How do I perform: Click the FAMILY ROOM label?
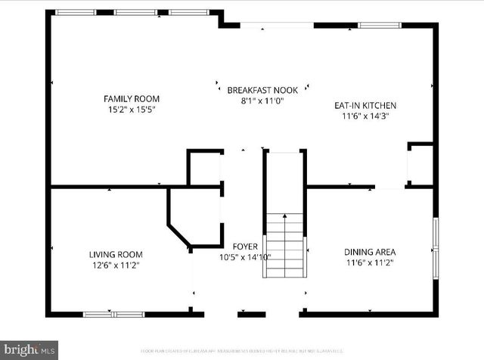pos(132,98)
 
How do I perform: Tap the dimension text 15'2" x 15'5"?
pos(132,109)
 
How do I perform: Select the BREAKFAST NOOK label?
pos(262,90)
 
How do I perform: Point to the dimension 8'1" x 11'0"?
pos(262,101)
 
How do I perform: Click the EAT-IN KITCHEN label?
pos(365,105)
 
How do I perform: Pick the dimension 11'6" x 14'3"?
pos(365,116)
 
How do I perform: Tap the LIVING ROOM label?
pos(116,255)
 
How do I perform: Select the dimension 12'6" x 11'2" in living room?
pos(116,265)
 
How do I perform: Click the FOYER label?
pos(245,247)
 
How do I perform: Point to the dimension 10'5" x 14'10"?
pos(244,257)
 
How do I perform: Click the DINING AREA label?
pos(370,253)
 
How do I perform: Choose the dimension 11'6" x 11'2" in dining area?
pos(370,263)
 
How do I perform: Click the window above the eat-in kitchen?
pos(380,25)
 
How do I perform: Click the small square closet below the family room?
pos(204,168)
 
